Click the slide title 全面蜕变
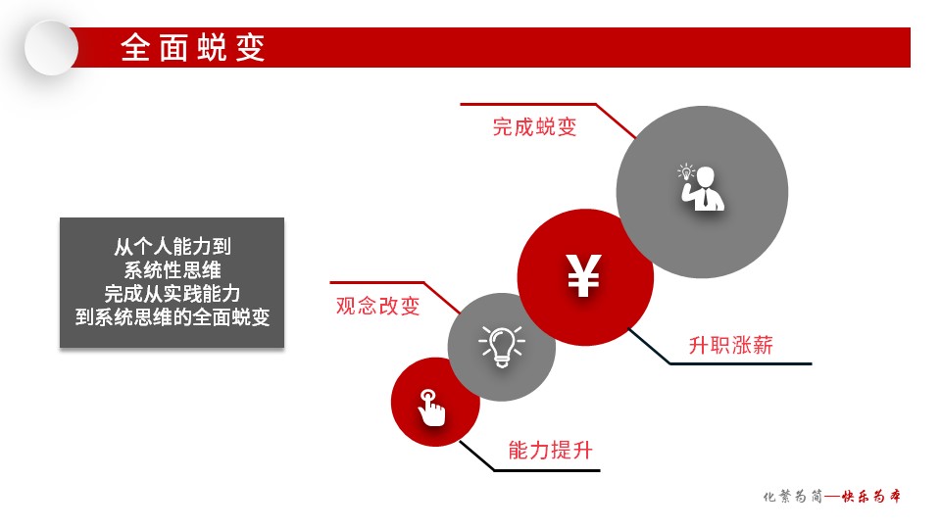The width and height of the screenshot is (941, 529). (x=193, y=47)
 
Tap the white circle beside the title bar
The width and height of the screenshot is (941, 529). (x=52, y=48)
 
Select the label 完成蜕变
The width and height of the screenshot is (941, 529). (x=535, y=127)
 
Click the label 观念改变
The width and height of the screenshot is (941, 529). (x=377, y=306)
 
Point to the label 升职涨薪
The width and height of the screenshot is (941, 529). (x=731, y=345)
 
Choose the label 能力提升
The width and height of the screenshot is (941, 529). (x=550, y=450)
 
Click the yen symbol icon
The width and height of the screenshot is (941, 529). (x=584, y=275)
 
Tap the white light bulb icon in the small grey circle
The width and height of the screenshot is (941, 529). (x=502, y=346)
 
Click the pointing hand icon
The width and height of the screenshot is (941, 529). (x=431, y=408)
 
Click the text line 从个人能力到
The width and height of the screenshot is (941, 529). (x=173, y=246)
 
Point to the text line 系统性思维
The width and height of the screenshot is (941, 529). (x=173, y=270)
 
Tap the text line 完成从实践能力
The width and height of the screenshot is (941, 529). (x=173, y=293)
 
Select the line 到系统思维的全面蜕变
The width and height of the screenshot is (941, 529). (x=173, y=316)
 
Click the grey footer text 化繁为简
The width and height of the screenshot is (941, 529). (x=793, y=496)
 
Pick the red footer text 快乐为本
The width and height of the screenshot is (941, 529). (x=870, y=496)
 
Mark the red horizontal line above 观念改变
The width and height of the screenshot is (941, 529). (x=376, y=282)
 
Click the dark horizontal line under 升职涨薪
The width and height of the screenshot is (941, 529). (x=741, y=363)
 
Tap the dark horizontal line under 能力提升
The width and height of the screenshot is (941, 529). (x=547, y=470)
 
